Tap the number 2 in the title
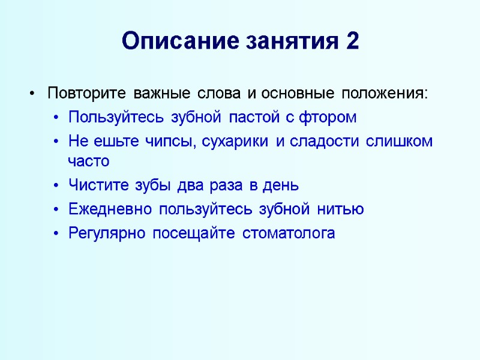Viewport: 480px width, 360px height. [352, 42]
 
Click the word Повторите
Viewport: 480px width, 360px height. [86, 94]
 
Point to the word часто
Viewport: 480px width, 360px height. [89, 161]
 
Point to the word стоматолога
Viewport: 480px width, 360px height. [289, 233]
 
